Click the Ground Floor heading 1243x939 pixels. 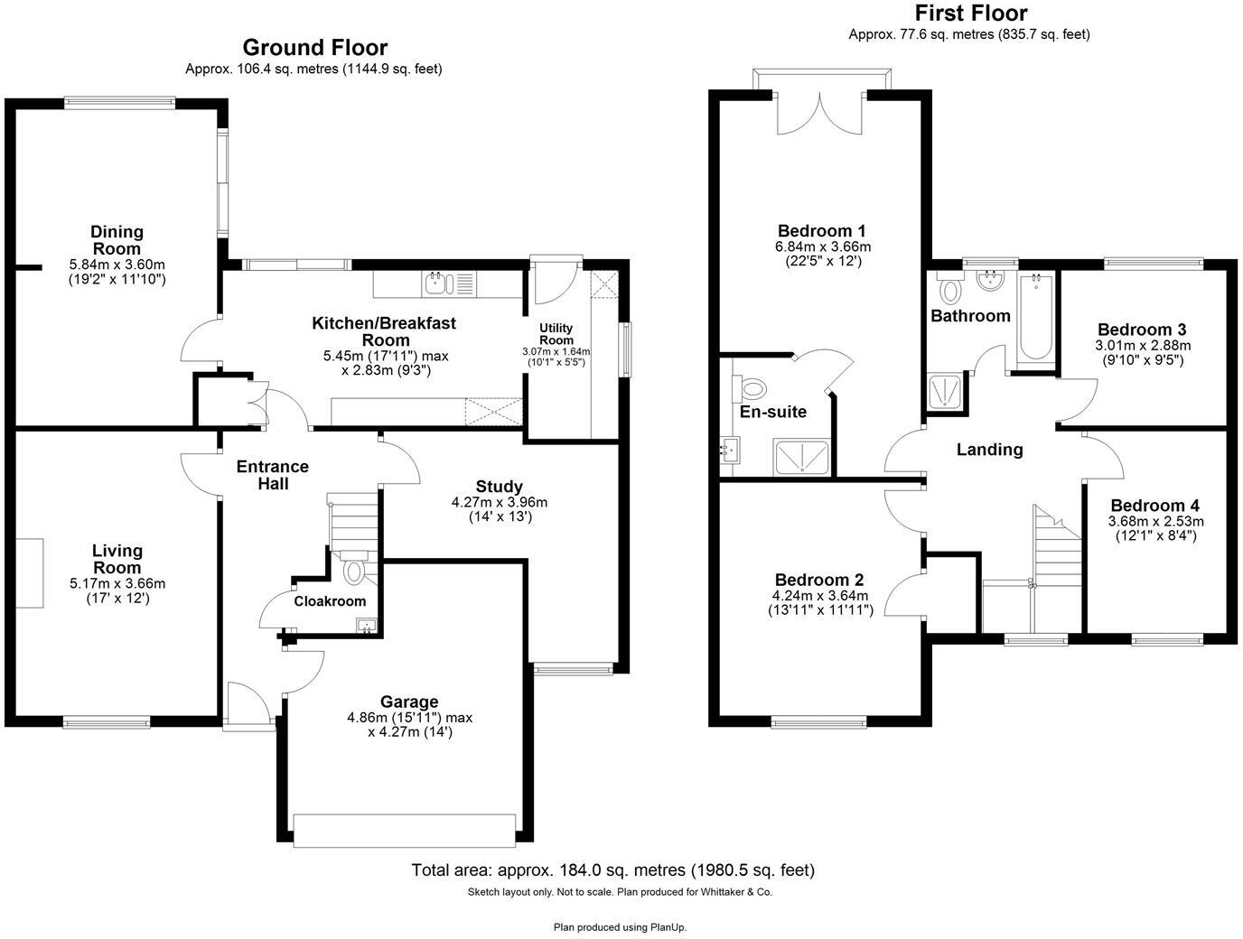(x=314, y=48)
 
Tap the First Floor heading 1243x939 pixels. (x=970, y=14)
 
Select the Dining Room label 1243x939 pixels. (x=117, y=240)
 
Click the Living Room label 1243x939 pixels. (x=117, y=559)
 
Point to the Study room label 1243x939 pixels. (x=500, y=487)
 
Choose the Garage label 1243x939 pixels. (x=409, y=702)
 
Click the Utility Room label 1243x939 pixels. (x=556, y=334)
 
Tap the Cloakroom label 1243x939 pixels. (x=330, y=601)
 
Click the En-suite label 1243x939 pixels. (x=773, y=412)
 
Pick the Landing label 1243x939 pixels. (x=989, y=450)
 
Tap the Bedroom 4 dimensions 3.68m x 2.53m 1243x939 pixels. (x=1155, y=521)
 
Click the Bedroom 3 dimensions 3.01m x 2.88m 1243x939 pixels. (x=1143, y=345)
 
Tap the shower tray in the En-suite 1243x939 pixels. (x=801, y=457)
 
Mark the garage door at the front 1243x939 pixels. (x=406, y=830)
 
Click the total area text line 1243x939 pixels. (x=612, y=870)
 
